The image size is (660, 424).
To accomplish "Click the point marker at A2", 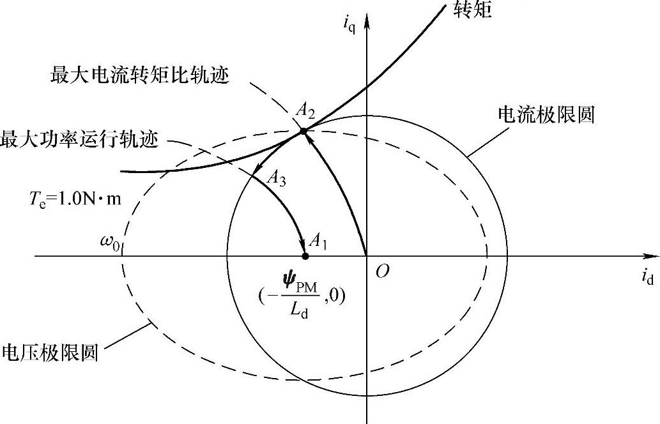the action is point(303,132).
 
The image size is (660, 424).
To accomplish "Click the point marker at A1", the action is point(305,256).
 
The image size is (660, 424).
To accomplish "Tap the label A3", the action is point(277,180).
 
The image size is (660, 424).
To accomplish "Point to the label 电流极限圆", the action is point(546,115).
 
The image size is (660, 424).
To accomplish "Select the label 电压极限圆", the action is point(51,352).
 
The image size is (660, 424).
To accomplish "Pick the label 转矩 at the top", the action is point(473,10).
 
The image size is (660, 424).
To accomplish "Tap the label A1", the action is point(318,241).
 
